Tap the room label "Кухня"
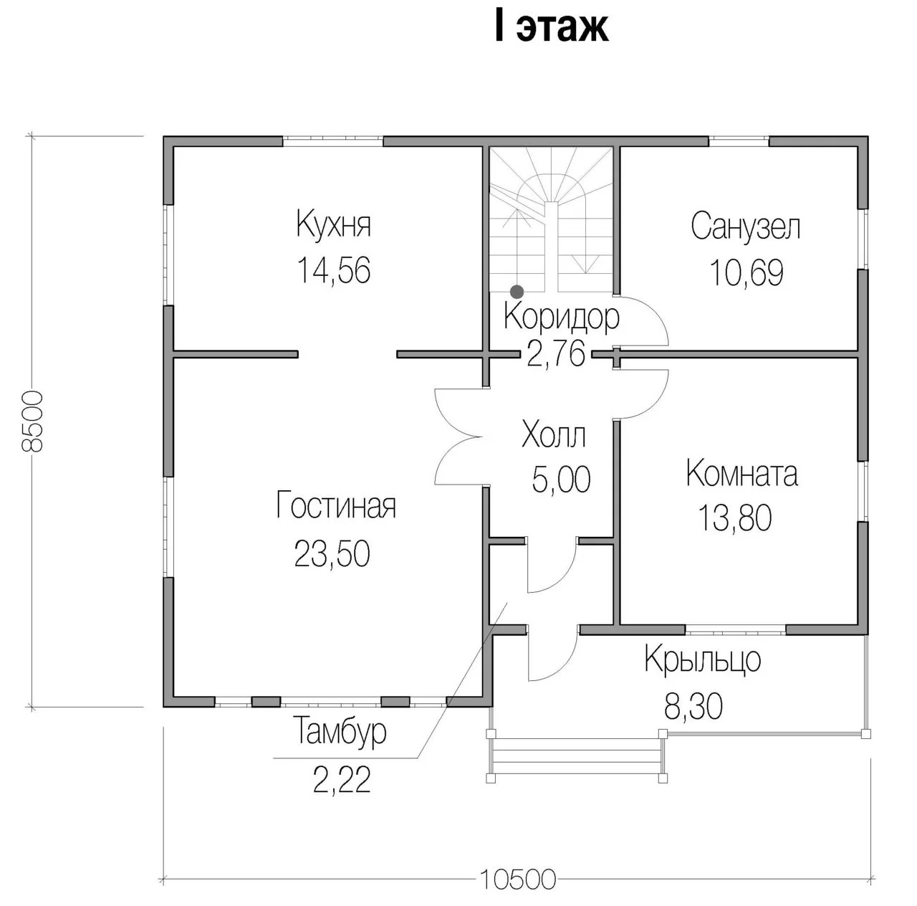334,224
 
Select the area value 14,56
334,270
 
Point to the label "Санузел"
746,226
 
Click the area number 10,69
746,273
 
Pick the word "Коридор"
562,318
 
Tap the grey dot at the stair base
517,292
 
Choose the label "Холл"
554,434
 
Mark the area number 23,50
332,553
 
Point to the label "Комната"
742,474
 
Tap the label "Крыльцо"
702,660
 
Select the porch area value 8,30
693,707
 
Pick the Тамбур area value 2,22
342,780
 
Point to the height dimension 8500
32,421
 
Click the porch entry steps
577,758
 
